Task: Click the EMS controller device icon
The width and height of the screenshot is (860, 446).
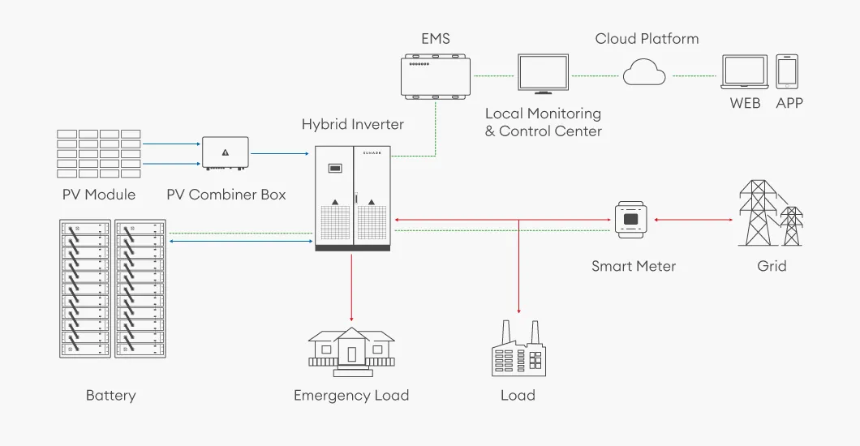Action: click(x=436, y=75)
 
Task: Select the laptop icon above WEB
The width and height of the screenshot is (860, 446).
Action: click(x=745, y=73)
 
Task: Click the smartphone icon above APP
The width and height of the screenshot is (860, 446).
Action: click(x=787, y=72)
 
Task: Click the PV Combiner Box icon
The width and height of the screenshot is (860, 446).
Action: click(x=225, y=153)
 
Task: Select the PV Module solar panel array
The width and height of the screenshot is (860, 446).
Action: click(x=99, y=153)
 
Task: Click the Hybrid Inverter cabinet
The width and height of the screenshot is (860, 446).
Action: click(x=353, y=198)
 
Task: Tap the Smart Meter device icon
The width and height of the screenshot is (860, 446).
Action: click(x=634, y=219)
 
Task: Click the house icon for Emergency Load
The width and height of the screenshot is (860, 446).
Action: click(x=350, y=350)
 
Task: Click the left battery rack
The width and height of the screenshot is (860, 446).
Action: click(x=85, y=289)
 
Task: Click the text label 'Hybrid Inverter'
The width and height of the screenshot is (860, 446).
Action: click(x=352, y=124)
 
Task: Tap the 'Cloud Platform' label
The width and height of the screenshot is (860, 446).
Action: click(x=647, y=38)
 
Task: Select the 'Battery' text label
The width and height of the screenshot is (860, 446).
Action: click(x=110, y=396)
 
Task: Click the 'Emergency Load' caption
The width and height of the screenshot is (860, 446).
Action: click(x=350, y=396)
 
